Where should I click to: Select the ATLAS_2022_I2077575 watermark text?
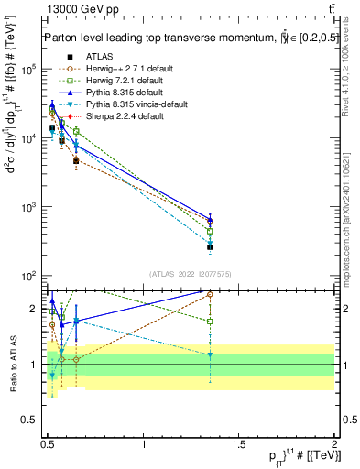click(x=191, y=274)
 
